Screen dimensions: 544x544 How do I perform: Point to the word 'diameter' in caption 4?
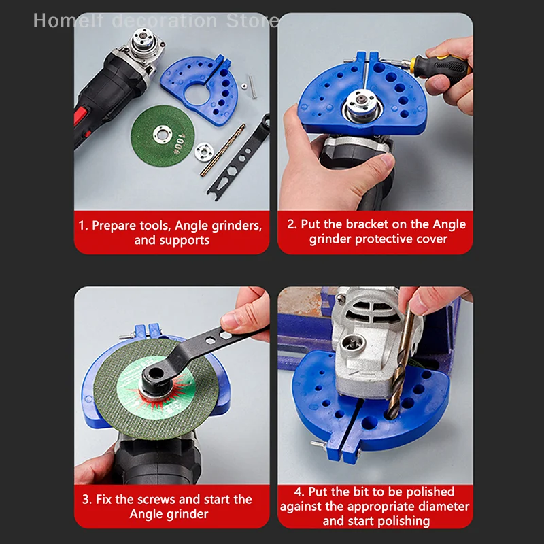(445, 507)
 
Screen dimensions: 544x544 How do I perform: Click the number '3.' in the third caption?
(86, 499)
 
